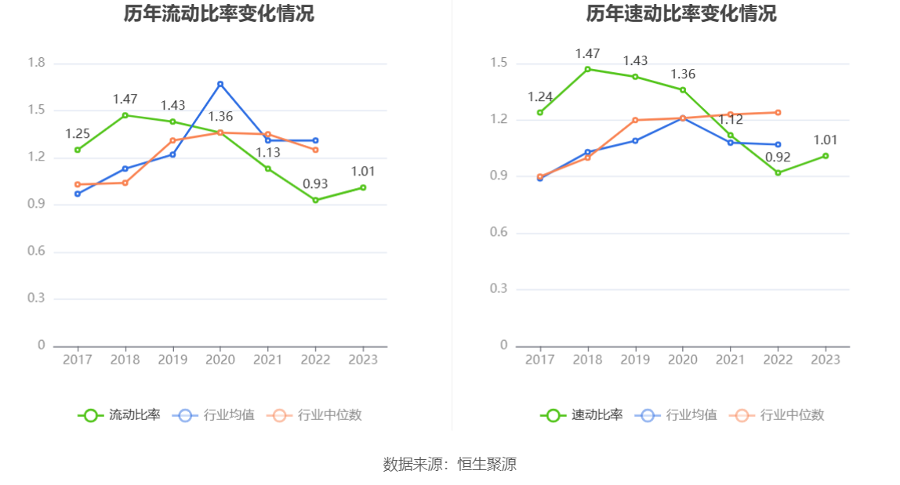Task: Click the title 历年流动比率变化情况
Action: [x=219, y=14]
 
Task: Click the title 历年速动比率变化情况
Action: [x=681, y=14]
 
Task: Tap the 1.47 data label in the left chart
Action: [x=125, y=100]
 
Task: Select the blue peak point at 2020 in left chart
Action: [x=220, y=84]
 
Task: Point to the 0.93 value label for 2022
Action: [x=315, y=184]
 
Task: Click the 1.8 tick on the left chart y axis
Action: [x=36, y=63]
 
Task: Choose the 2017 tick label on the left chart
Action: [x=77, y=360]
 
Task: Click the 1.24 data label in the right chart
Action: [x=540, y=97]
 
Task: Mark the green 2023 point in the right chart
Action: [x=826, y=156]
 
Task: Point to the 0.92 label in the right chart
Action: [x=778, y=157]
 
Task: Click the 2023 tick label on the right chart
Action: [x=826, y=360]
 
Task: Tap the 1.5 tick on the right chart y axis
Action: [x=499, y=63]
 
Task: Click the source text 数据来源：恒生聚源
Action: [x=450, y=464]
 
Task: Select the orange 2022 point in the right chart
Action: [x=778, y=112]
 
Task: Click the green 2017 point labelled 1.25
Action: [x=78, y=150]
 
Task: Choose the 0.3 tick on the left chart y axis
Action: [x=36, y=299]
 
